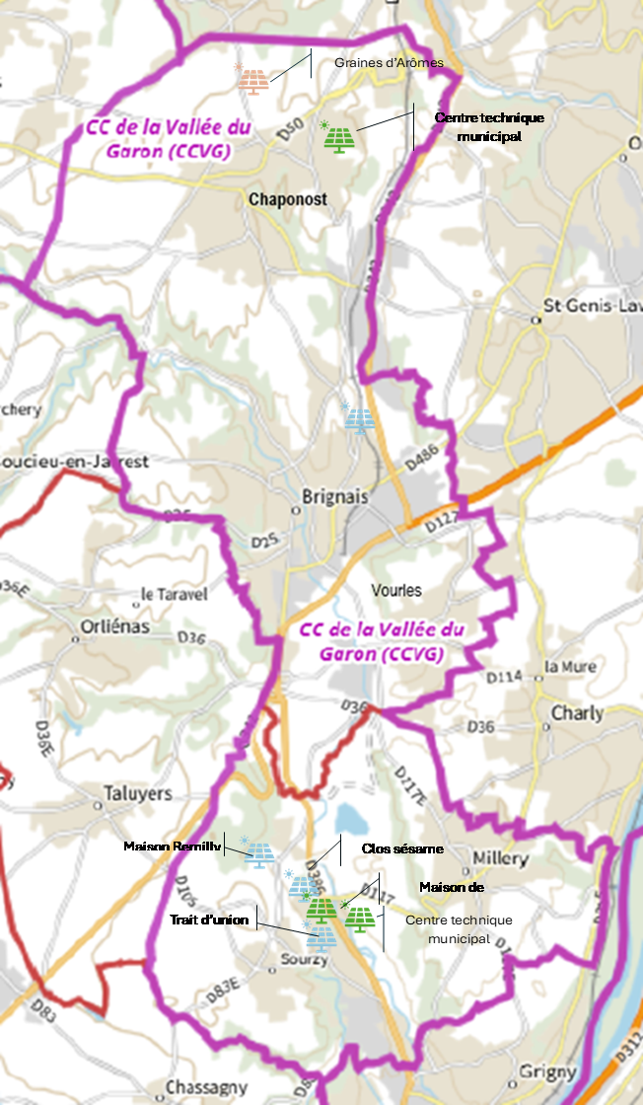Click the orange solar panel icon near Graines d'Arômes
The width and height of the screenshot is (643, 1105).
point(254,80)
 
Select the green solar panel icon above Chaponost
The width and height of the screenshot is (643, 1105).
point(339,138)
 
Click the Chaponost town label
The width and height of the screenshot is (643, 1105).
point(288,199)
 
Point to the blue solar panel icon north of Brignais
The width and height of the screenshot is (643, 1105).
point(359,419)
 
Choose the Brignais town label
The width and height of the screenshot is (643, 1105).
point(337,497)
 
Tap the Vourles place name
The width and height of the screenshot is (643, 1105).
point(396,590)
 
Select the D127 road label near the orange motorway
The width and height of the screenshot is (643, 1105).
point(446,518)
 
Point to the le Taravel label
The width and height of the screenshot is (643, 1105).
point(175,595)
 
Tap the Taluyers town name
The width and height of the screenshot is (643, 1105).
point(138,793)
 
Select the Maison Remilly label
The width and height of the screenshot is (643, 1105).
point(172,847)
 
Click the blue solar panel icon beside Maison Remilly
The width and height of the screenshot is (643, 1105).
point(260,853)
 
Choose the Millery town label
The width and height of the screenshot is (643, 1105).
point(501,859)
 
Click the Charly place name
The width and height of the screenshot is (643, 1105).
point(577,712)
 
